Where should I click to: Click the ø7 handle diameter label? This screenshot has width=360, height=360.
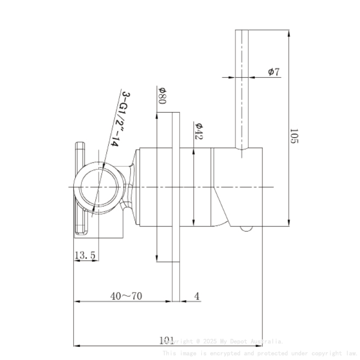274,72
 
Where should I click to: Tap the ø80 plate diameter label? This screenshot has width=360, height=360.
161,95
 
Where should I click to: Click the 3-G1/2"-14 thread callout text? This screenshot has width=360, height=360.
119,118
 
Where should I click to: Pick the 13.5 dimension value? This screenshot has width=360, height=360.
85,255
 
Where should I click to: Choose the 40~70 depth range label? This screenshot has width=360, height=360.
126,296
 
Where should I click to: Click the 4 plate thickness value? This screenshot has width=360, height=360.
197,296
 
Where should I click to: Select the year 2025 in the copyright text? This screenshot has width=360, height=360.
210,341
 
